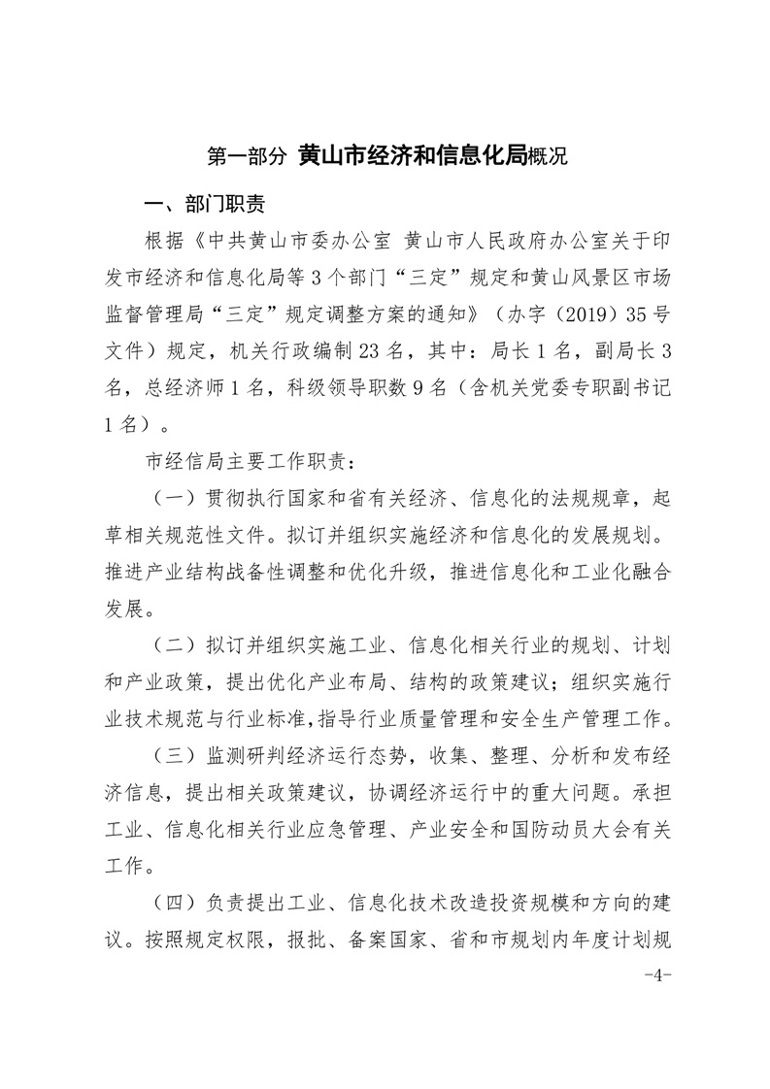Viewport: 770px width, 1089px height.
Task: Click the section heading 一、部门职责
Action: point(203,206)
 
